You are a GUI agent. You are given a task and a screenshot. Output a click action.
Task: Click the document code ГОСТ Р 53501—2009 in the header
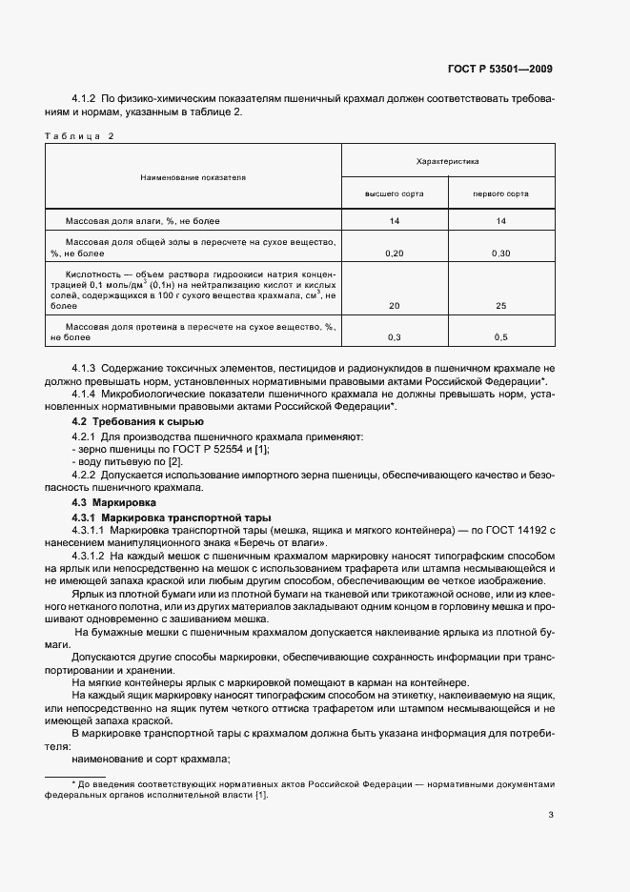pos(500,69)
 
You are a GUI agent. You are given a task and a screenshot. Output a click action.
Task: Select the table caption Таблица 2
pos(79,136)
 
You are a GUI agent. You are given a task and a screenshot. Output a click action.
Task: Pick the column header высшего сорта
pos(394,193)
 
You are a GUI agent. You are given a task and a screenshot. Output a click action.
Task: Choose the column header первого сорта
pos(500,193)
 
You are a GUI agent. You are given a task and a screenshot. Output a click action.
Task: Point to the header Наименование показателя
pos(193,177)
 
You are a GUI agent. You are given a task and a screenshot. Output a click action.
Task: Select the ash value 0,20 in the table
pos(394,253)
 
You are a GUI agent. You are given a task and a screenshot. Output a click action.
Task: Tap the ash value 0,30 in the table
pos(500,253)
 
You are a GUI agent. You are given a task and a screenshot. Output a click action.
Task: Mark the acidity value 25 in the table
pos(500,307)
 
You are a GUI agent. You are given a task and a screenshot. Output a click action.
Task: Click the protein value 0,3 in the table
pos(394,337)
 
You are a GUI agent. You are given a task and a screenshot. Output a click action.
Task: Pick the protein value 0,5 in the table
pos(500,337)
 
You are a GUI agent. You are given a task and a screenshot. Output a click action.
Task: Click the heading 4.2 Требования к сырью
pos(138,421)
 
